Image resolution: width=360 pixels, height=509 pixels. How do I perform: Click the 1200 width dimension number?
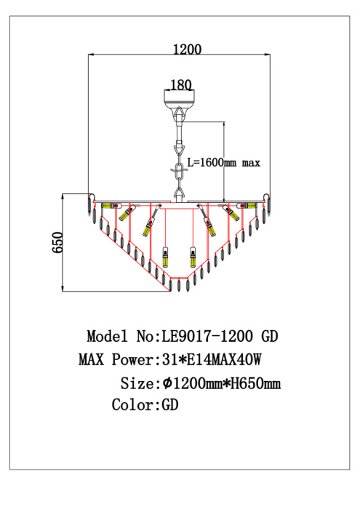187,49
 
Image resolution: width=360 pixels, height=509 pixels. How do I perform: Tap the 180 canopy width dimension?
181,85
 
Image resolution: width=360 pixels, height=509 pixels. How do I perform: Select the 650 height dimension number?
57,242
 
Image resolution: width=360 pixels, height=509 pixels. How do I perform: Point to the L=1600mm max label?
224,162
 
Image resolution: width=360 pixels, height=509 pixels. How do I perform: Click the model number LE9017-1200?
207,336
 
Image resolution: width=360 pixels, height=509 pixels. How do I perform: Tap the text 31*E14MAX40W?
212,360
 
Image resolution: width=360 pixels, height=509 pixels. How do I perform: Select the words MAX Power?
116,360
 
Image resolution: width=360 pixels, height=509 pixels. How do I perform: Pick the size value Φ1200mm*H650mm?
221,383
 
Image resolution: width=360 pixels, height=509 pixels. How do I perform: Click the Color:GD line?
145,405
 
